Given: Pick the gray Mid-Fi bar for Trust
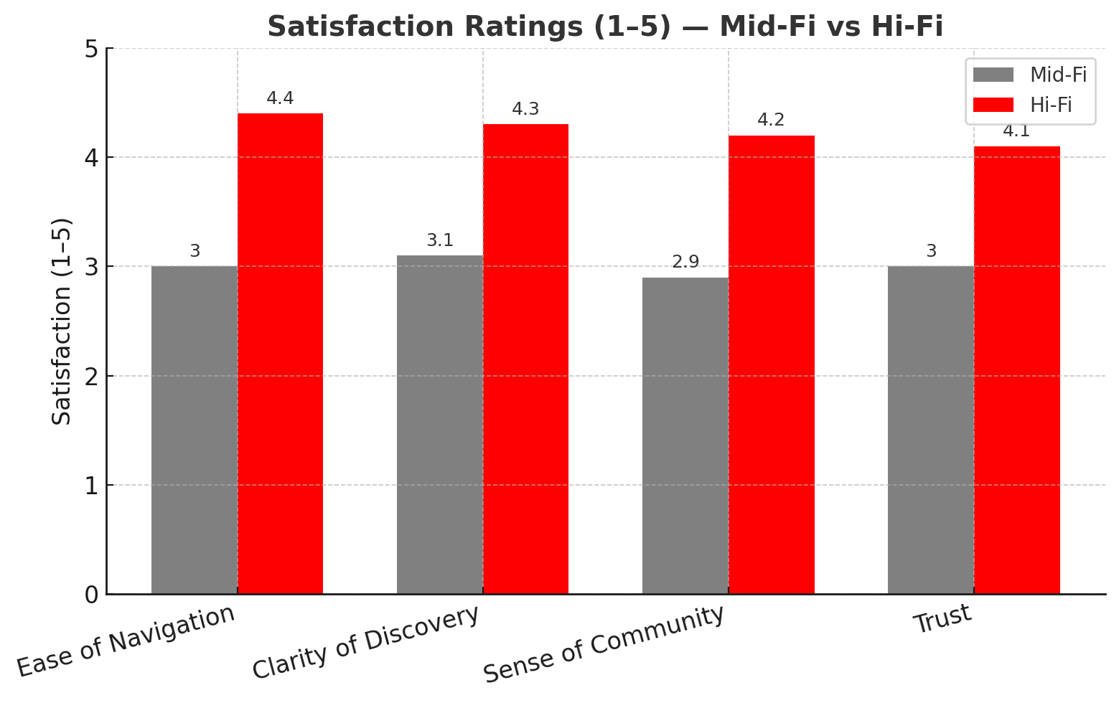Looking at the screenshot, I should [930, 430].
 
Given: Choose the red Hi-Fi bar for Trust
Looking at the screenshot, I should [1016, 370].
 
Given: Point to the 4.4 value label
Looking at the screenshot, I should [280, 98].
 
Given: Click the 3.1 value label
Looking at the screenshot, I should [440, 240].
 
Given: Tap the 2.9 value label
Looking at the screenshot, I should [685, 262].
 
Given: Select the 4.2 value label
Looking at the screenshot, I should [771, 120].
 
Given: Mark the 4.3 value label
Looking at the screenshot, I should [525, 109].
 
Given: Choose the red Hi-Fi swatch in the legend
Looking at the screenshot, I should [993, 105].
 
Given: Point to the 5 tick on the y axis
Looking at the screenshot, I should [91, 49].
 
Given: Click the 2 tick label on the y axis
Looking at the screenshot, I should [91, 376].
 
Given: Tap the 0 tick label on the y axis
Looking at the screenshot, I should [91, 595].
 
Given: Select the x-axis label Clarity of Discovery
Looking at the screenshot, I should [366, 641].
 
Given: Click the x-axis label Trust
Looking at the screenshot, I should [942, 618].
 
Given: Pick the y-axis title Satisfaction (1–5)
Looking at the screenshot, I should [62, 321].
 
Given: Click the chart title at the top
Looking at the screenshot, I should [605, 27].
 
